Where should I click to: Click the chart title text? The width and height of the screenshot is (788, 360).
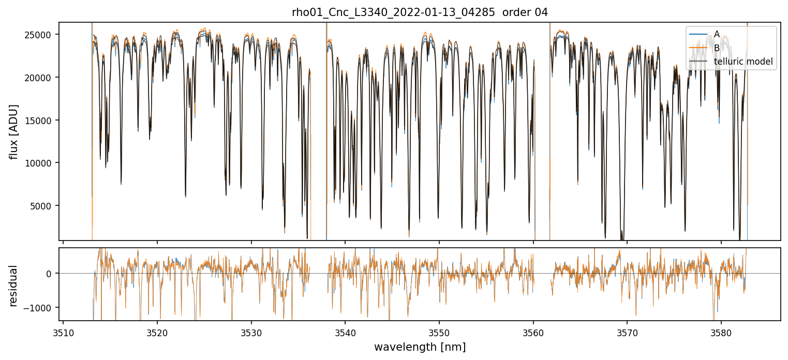(420, 12)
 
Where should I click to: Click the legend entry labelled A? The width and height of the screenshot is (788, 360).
(717, 34)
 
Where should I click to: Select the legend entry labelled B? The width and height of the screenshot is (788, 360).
(717, 48)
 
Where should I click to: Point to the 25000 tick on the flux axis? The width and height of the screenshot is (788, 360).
(41, 35)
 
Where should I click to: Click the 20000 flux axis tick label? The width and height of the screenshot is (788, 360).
(41, 78)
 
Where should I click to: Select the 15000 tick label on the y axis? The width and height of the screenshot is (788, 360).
(41, 120)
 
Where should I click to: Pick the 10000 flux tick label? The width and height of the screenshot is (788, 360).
(41, 163)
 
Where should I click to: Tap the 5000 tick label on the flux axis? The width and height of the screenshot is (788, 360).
(43, 206)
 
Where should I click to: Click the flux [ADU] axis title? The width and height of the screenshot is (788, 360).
(14, 131)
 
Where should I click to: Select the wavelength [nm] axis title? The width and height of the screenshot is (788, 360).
(420, 347)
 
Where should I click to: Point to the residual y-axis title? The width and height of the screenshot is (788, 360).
(14, 286)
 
